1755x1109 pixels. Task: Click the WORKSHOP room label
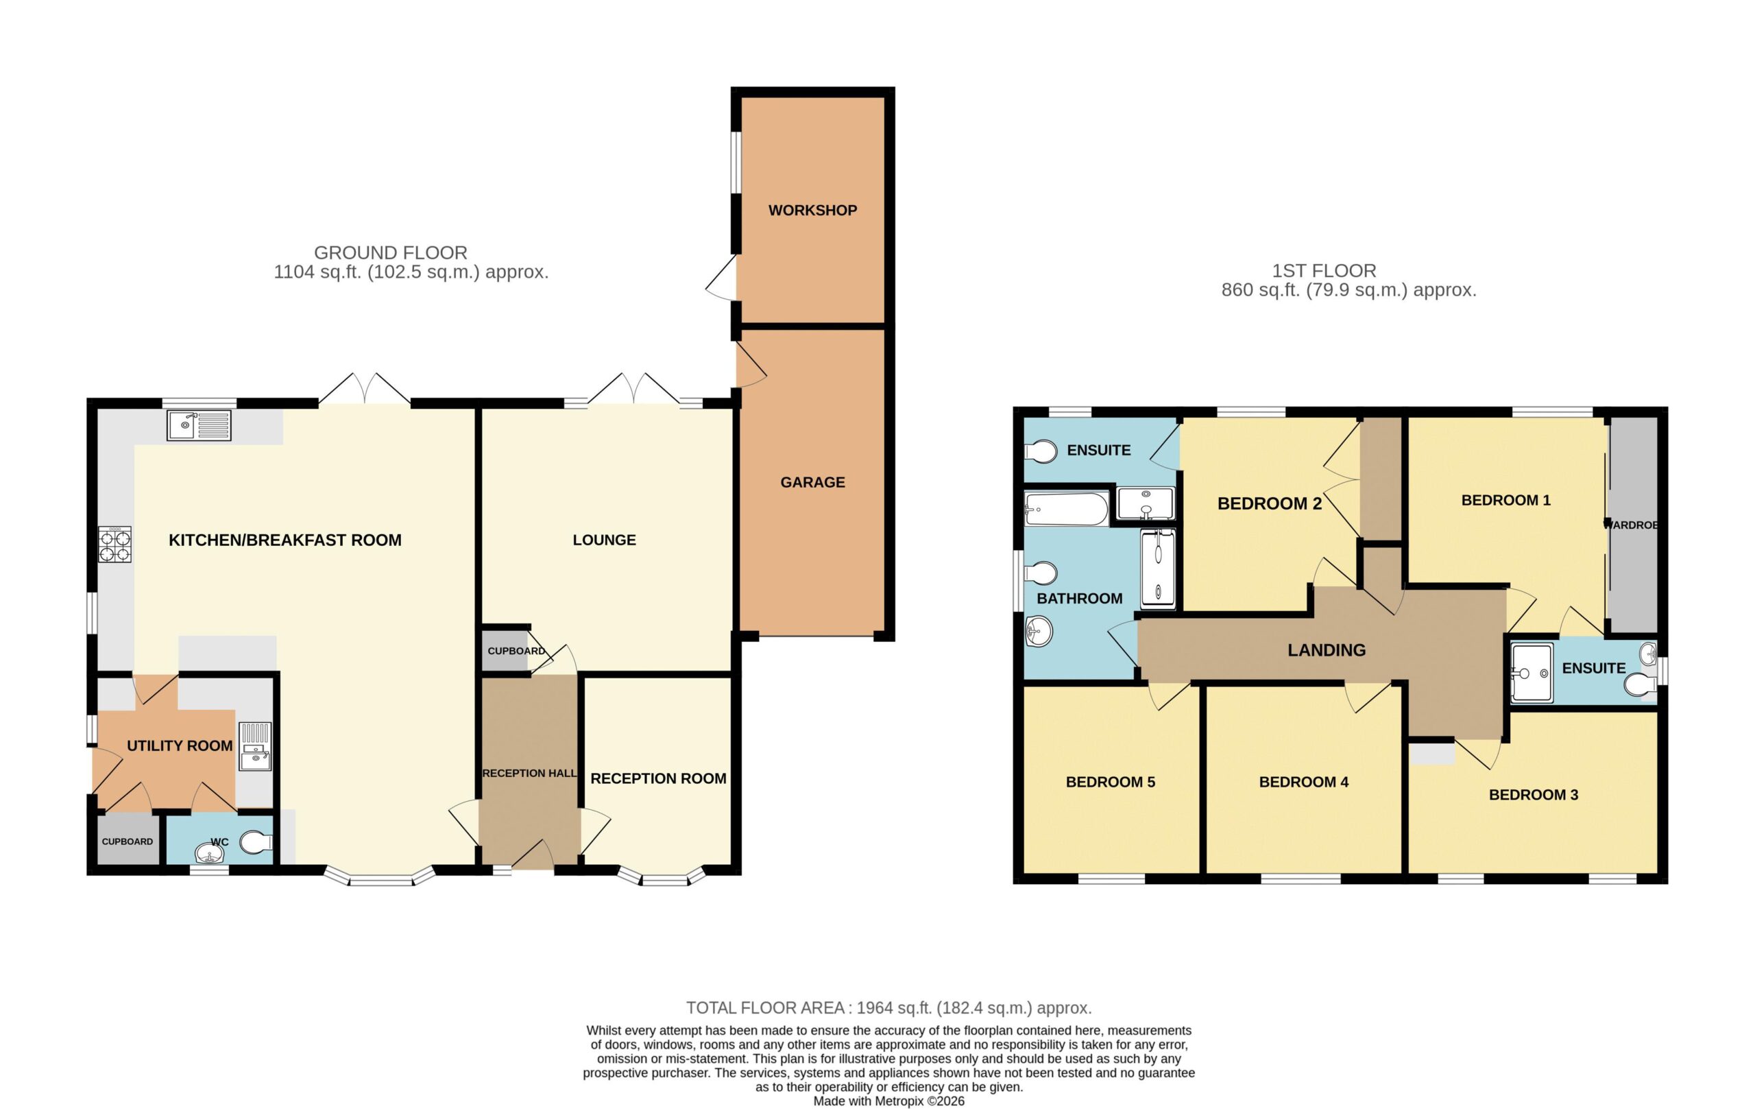(x=812, y=210)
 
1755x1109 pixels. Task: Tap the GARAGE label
(x=812, y=482)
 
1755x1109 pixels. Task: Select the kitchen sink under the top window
(x=199, y=425)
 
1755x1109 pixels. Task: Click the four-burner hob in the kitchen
(x=115, y=545)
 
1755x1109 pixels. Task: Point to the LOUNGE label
(x=604, y=540)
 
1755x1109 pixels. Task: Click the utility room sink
(x=255, y=746)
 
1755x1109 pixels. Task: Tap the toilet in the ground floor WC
(x=255, y=843)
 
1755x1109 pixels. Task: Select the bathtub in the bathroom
(x=1066, y=509)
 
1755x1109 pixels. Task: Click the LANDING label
(x=1327, y=650)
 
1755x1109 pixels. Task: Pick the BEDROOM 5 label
(x=1110, y=783)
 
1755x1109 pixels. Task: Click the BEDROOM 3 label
(x=1534, y=795)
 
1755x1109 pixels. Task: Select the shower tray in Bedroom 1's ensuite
(x=1532, y=672)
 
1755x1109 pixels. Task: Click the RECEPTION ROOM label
(x=658, y=778)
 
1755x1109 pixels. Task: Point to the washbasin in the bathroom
(x=1039, y=632)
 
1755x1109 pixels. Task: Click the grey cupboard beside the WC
(x=128, y=841)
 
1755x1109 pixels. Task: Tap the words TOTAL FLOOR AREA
(x=765, y=1007)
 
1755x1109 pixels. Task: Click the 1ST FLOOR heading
(x=1324, y=270)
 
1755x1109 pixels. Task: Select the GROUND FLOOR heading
(x=391, y=252)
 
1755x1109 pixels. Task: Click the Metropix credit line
(x=888, y=1101)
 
